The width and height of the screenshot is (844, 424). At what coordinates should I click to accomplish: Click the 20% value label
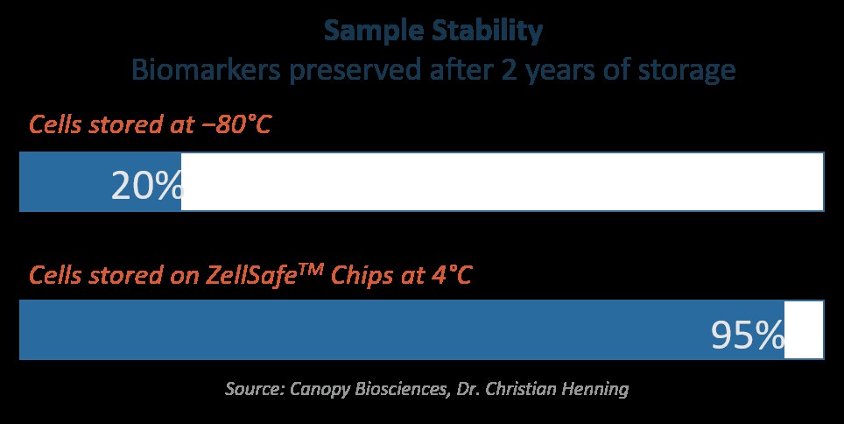[147, 187]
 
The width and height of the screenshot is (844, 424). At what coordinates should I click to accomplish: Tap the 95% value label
[747, 336]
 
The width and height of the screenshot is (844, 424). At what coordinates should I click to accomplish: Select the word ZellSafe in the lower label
[252, 275]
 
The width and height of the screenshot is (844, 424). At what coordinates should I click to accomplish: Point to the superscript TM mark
[311, 268]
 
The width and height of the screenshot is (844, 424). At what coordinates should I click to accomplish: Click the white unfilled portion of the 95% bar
[804, 329]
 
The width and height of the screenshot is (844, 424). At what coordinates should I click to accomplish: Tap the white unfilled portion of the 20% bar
[503, 181]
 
